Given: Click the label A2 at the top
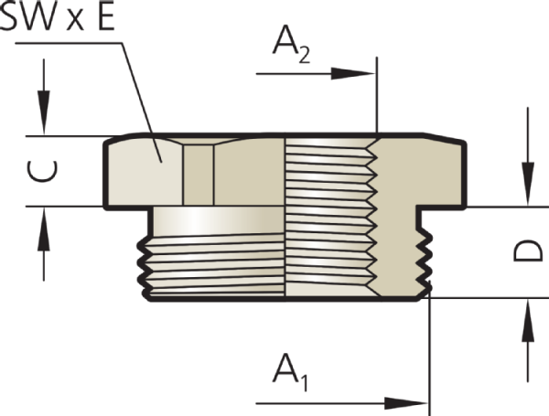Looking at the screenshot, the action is pos(291,44).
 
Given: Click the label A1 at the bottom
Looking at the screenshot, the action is pos(291,372).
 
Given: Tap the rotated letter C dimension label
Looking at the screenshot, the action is pos(42,172).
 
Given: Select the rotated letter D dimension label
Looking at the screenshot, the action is pos(528,251).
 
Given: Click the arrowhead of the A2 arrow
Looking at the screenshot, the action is pos(353,73).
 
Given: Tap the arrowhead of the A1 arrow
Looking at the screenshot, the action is pos(406,403).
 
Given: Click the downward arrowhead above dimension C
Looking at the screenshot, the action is pos(44,112).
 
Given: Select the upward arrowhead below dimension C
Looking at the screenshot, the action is pos(44,229).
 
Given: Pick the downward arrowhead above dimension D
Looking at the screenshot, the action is pos(528,184).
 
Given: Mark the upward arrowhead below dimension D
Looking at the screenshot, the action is pos(528,321).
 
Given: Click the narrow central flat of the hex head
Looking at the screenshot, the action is pos(199,175).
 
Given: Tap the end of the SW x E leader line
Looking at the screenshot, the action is pos(161,162).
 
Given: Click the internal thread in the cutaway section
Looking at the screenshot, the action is pos(331,217).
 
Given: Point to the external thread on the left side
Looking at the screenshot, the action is pos(213,267).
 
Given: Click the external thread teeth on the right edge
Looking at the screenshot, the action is pos(424,261).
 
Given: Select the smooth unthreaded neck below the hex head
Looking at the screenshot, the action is pos(219,221).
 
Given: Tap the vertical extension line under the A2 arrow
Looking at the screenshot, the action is pos(377,95).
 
